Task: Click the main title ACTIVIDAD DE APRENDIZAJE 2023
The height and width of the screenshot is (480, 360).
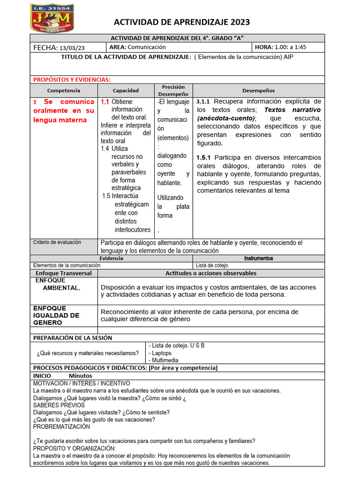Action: pos(182,22)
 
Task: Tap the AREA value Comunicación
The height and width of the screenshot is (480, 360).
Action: pos(147,47)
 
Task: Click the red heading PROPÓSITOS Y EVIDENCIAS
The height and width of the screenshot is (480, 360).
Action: pos(72,80)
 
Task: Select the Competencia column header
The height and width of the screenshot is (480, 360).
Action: pos(64,90)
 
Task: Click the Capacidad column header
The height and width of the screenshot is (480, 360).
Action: pos(126,90)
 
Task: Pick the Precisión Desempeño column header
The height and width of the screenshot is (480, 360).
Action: pos(173,90)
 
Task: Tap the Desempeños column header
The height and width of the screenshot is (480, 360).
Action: pos(258,90)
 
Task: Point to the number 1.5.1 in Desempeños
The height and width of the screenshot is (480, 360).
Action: pos(204,157)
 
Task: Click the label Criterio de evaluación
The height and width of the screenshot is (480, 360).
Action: pos(57,242)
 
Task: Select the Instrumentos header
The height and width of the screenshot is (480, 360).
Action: pos(258,258)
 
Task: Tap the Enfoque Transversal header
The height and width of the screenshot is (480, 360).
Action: pos(64,273)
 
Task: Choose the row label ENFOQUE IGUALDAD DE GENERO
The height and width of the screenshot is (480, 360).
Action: pos(56,315)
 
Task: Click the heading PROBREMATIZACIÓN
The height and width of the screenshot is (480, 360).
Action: pos(61,427)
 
